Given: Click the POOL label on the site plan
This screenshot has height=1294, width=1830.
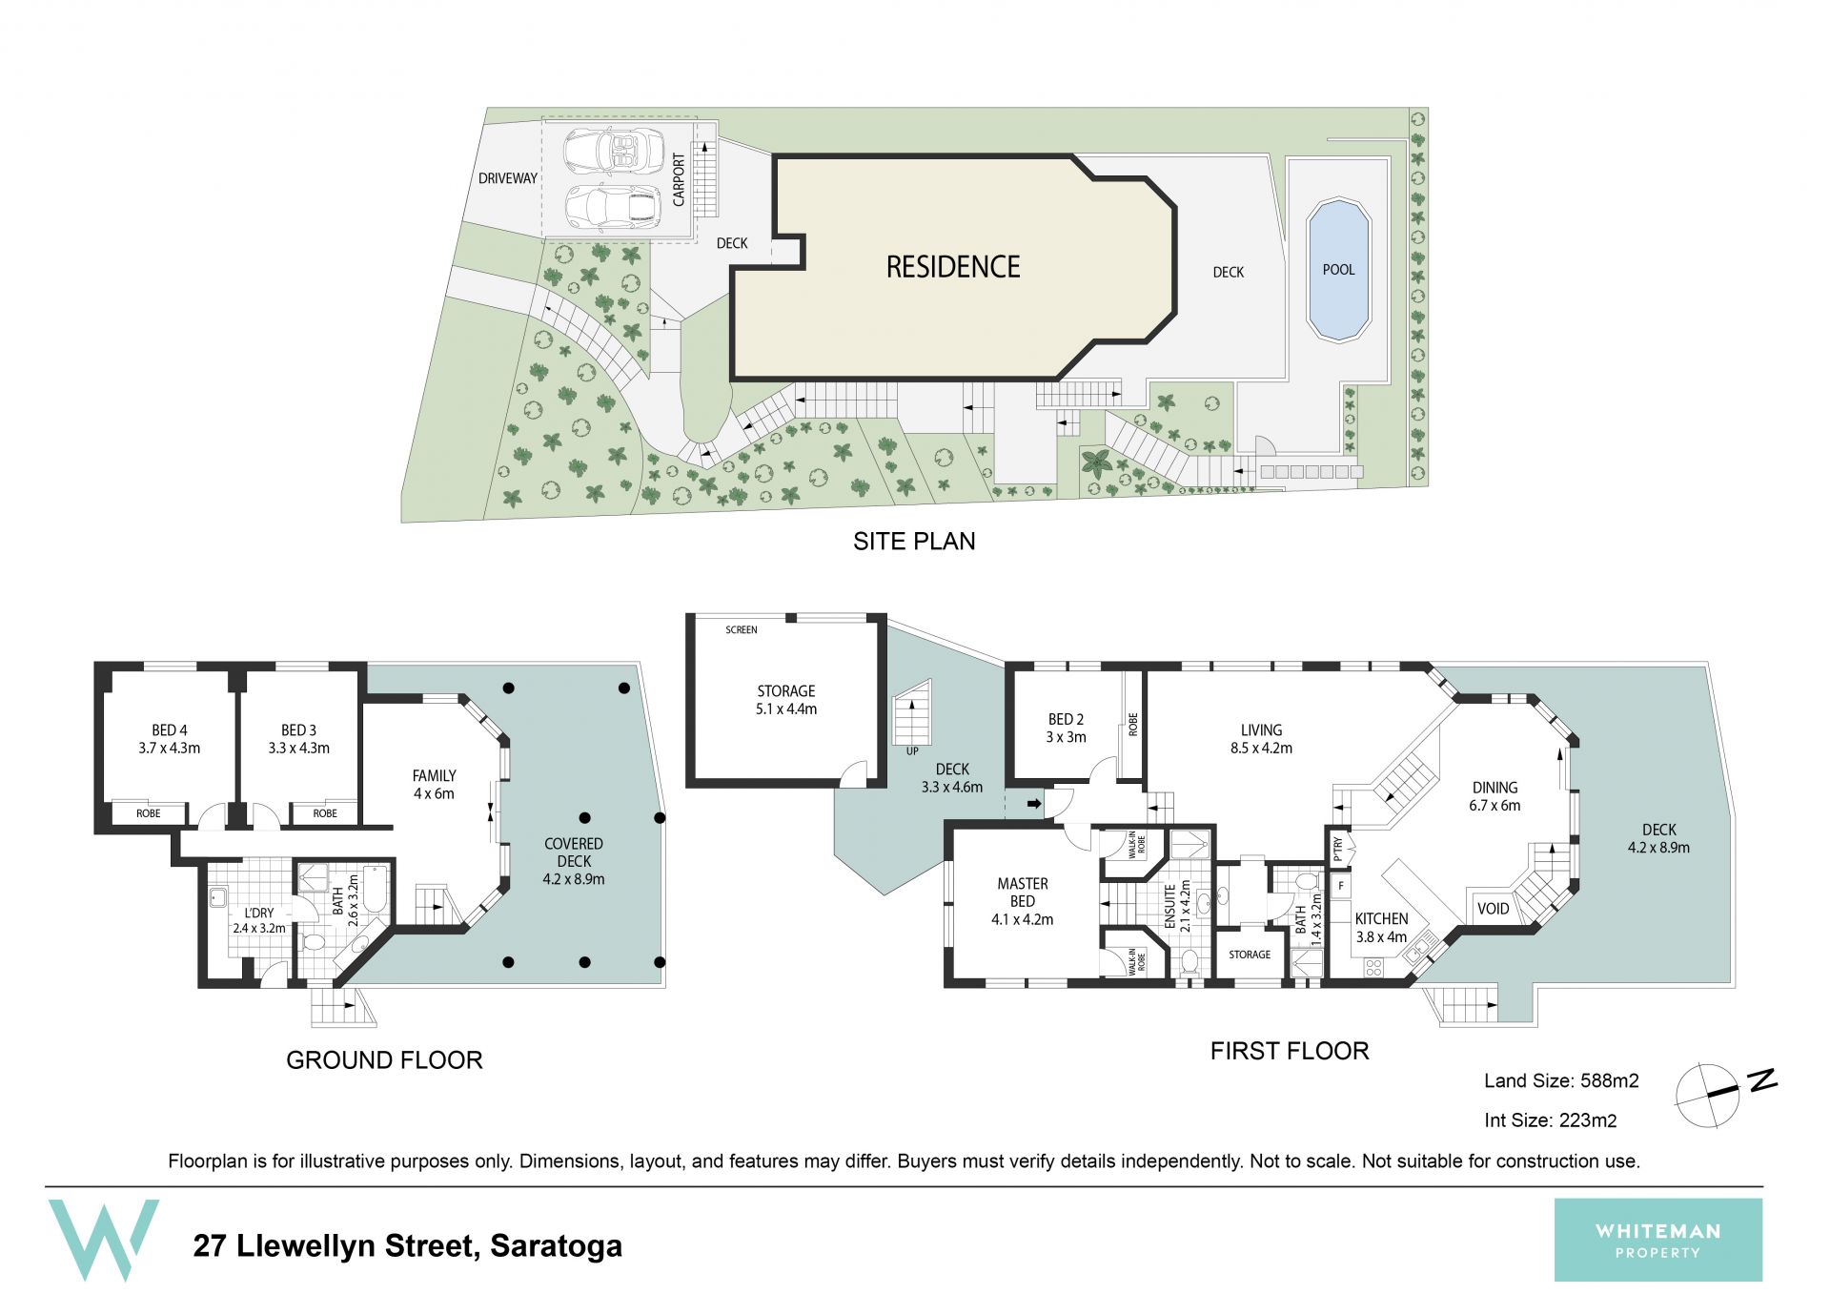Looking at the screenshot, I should tap(1338, 270).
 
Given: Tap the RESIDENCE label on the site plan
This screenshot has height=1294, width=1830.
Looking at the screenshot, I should tap(953, 267).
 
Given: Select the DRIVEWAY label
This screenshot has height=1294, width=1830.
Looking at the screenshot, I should tap(508, 178).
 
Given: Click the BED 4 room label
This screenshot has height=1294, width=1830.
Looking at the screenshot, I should tap(169, 739).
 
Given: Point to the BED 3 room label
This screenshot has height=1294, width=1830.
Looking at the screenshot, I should tap(298, 739).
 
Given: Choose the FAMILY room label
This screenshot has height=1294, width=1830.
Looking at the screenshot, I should tap(434, 784).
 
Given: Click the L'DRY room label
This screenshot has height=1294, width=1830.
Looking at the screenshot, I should tap(258, 920).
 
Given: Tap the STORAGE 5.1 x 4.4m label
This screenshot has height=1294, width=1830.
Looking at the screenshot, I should tap(786, 700).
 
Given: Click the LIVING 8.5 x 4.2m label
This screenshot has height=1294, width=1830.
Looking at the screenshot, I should tap(1261, 739).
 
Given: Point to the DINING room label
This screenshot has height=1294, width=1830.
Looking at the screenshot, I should tap(1494, 796).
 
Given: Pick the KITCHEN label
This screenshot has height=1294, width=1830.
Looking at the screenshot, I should tap(1381, 927).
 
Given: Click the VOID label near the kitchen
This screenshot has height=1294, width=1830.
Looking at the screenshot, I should tap(1493, 909).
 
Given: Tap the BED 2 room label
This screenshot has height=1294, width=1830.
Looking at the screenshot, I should tap(1066, 728).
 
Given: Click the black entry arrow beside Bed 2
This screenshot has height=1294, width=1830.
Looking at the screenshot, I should tap(1034, 804).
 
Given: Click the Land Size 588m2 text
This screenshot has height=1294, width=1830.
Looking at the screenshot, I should tap(1561, 1080).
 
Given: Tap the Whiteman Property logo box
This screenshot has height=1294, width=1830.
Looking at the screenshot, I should tap(1657, 1240).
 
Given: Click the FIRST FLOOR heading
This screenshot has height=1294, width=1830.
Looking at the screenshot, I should tap(1289, 1051).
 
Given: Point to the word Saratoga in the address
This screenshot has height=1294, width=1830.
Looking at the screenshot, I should tap(556, 1245).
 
